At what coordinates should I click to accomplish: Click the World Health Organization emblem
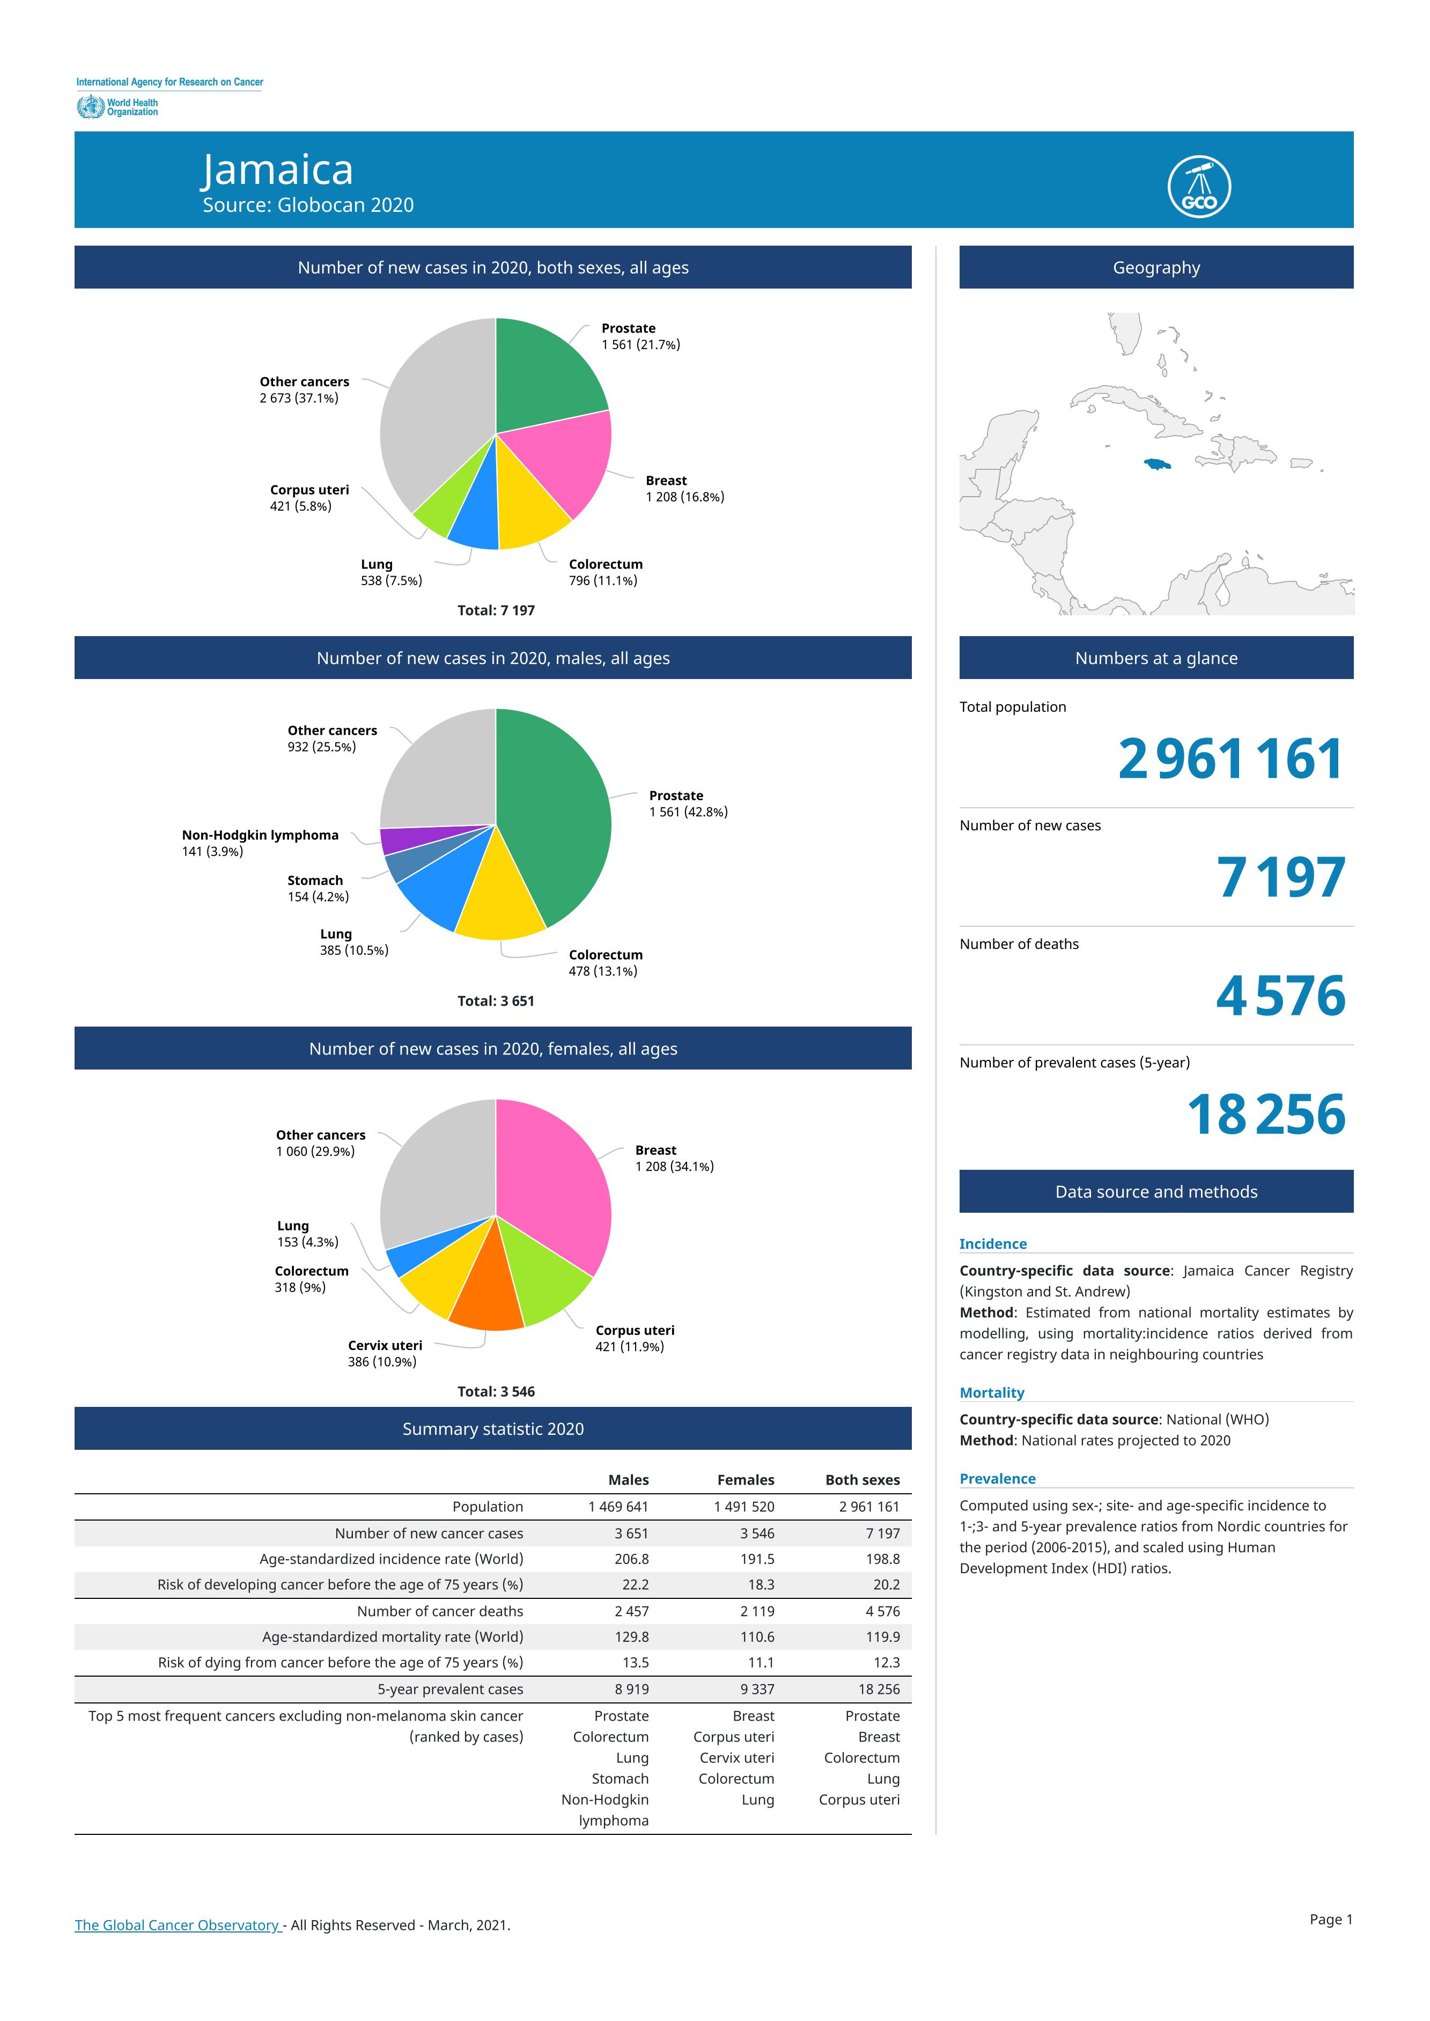90,107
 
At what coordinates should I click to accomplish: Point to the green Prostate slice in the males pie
550,815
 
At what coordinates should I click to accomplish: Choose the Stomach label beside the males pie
315,881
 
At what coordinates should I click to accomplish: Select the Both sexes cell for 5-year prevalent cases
879,1689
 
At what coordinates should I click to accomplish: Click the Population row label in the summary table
488,1507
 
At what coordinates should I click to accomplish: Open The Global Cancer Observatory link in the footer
177,1925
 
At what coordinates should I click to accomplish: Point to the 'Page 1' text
1330,1920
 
